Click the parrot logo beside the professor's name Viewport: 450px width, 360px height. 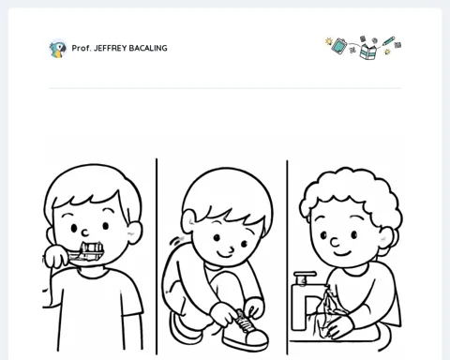coord(58,49)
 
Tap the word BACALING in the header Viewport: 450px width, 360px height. coord(148,48)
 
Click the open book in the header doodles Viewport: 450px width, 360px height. coord(367,52)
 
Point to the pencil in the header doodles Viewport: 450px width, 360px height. coord(388,41)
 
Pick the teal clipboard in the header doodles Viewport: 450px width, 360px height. coord(339,46)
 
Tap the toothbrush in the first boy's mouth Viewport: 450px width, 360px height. coord(85,253)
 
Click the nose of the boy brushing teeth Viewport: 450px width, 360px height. coord(85,232)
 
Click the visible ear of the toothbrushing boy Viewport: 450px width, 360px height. coord(135,232)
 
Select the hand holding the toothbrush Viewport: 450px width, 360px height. coord(56,256)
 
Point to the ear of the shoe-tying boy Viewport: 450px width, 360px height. coord(188,221)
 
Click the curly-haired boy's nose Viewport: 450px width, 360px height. coord(335,242)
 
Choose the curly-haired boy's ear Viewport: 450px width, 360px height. coord(386,238)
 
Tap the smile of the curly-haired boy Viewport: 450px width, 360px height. coord(341,252)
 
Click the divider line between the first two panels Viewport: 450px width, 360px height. coord(157,257)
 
